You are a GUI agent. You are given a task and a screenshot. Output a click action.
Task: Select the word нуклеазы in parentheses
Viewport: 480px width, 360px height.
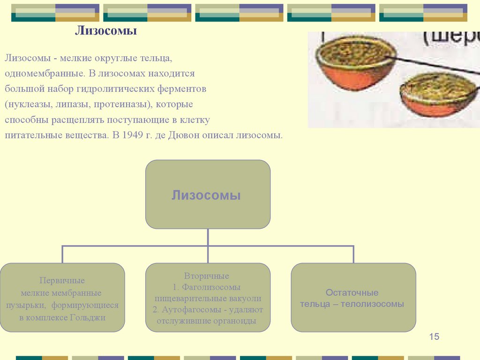[30, 104]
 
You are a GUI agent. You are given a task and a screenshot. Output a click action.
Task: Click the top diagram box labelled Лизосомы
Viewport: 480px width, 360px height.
[208, 195]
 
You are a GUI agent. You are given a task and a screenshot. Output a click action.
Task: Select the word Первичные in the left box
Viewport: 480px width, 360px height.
[62, 280]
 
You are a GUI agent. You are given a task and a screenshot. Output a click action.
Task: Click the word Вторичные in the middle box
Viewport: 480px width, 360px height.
[207, 276]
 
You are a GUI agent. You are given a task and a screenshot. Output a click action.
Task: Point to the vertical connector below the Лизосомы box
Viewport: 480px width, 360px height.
[208, 237]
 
